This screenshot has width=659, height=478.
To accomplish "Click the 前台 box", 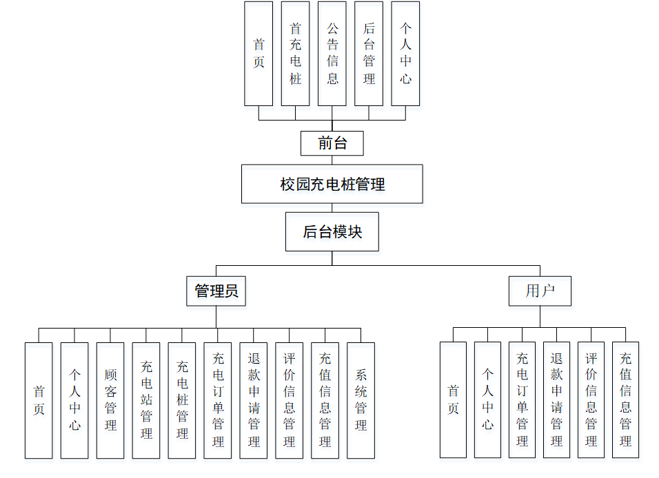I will (332, 143).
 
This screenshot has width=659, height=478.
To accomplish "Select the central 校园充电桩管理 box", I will (332, 184).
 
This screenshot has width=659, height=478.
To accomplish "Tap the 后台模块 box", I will (332, 231).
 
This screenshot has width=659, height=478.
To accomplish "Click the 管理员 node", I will (216, 291).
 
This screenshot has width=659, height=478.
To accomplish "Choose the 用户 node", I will (540, 291).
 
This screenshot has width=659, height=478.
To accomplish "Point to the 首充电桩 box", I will (295, 54).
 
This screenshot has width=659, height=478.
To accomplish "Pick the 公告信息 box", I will (332, 54).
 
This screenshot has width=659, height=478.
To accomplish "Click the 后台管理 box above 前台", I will (369, 54).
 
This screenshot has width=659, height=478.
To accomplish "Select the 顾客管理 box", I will (110, 400).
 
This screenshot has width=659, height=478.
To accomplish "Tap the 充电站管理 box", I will (146, 400).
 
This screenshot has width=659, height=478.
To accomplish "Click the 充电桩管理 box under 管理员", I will (182, 400).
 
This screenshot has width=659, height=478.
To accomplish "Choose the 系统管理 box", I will (361, 400).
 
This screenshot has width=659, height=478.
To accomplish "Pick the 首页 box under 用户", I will (453, 399).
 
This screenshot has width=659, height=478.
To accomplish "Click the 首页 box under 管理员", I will (39, 400).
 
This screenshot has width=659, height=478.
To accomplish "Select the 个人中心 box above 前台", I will (405, 54).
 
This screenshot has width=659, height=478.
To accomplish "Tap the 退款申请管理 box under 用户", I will (556, 399).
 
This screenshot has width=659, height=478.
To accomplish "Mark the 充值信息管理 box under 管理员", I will (325, 400).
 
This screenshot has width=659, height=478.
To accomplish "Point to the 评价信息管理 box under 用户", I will (591, 399).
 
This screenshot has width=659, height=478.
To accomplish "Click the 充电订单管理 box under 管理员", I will (218, 400).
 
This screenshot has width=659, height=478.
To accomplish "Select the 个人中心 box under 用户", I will (487, 399).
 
